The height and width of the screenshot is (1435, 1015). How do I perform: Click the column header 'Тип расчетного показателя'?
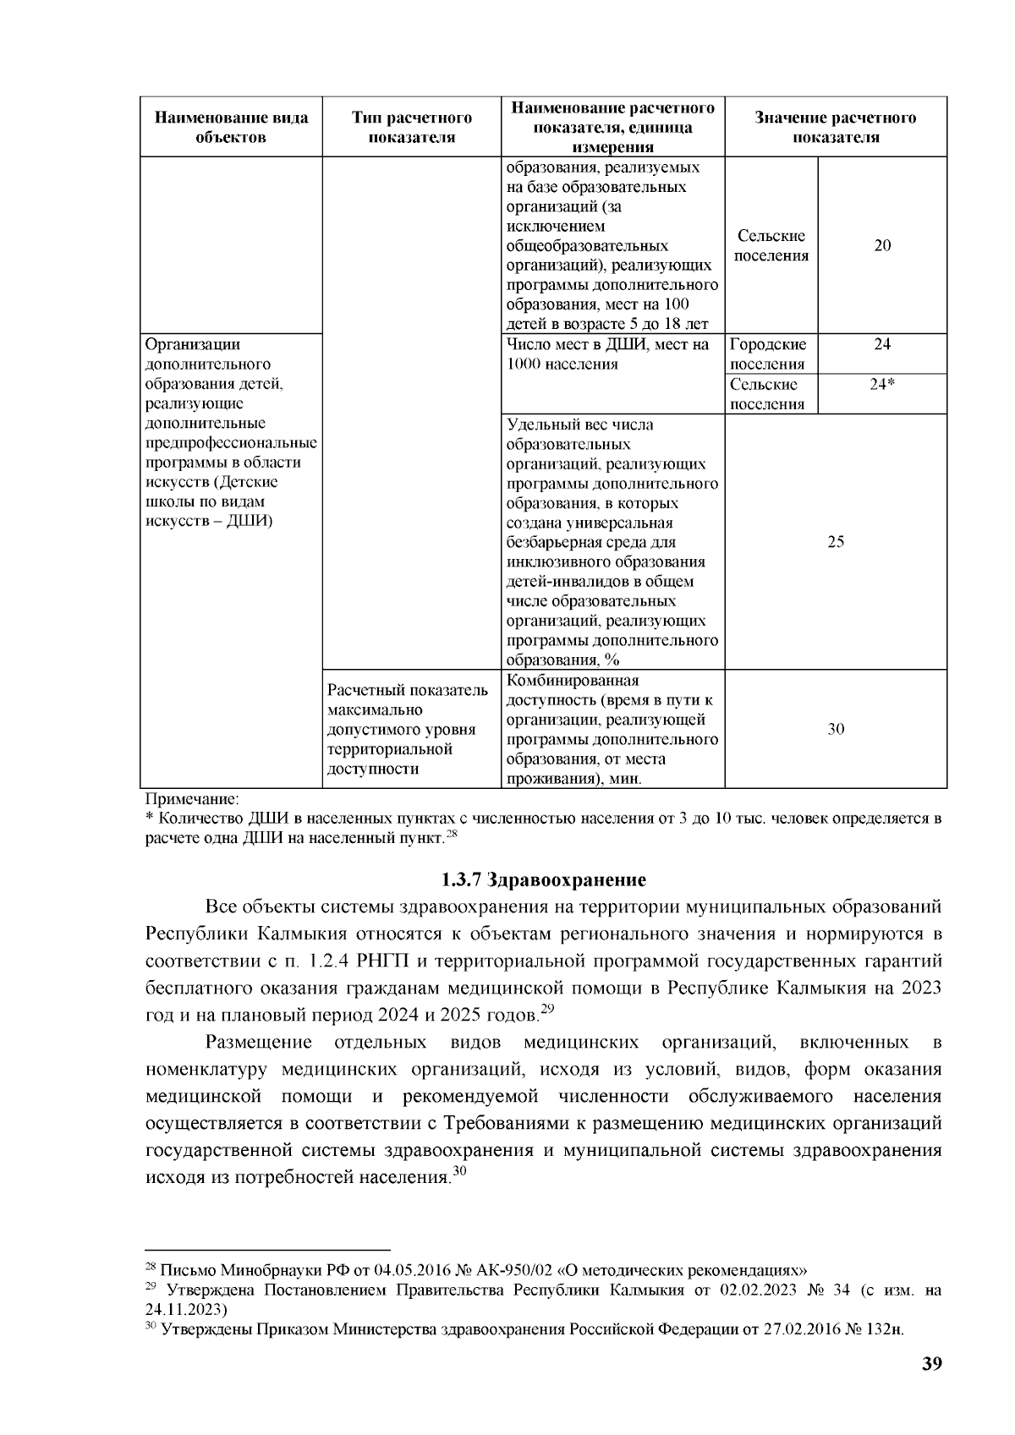[411, 127]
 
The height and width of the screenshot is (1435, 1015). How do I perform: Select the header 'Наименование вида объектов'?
[230, 127]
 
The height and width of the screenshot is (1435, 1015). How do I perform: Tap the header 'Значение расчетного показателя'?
[835, 127]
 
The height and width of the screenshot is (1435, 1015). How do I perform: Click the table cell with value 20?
[881, 246]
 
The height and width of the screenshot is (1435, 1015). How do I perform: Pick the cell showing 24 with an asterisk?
[881, 384]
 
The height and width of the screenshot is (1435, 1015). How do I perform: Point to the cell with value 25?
[835, 542]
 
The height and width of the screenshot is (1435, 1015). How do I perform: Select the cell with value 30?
[835, 729]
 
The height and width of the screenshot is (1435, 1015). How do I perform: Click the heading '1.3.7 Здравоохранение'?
[543, 880]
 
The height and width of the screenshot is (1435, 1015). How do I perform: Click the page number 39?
[931, 1363]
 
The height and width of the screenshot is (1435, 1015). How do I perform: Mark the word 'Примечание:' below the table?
[193, 798]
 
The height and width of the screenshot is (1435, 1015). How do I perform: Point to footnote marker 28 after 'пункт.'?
[452, 835]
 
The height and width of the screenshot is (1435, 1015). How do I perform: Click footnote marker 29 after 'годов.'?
[546, 1008]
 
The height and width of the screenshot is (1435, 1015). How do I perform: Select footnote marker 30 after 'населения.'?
[459, 1171]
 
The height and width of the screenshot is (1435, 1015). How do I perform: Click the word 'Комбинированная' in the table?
[573, 681]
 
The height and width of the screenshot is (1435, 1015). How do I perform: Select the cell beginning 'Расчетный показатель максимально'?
[408, 729]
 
